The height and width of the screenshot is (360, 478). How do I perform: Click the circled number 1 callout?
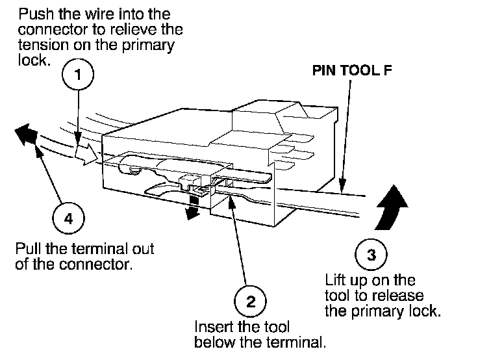(x=78, y=75)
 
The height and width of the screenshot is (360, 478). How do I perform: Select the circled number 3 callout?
(x=371, y=255)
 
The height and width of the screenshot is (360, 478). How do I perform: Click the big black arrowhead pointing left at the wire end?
(x=25, y=134)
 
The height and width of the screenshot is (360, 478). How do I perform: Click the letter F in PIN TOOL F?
(x=387, y=69)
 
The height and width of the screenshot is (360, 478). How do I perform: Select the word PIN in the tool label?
(x=325, y=69)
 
